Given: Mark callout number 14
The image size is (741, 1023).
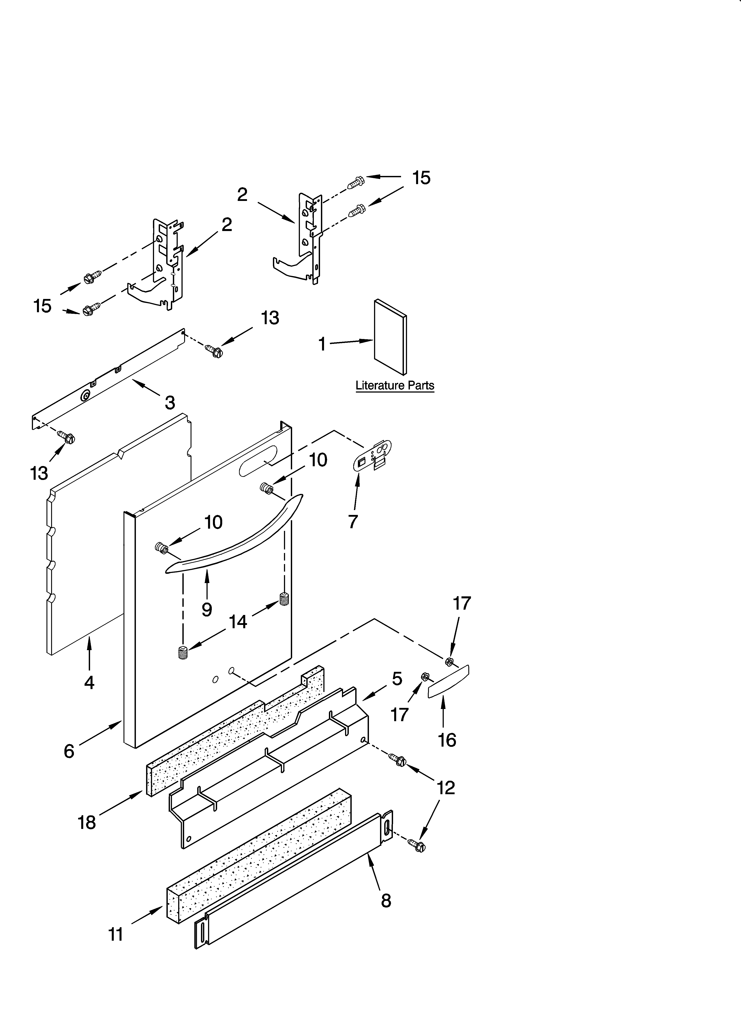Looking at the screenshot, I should coord(238,622).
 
